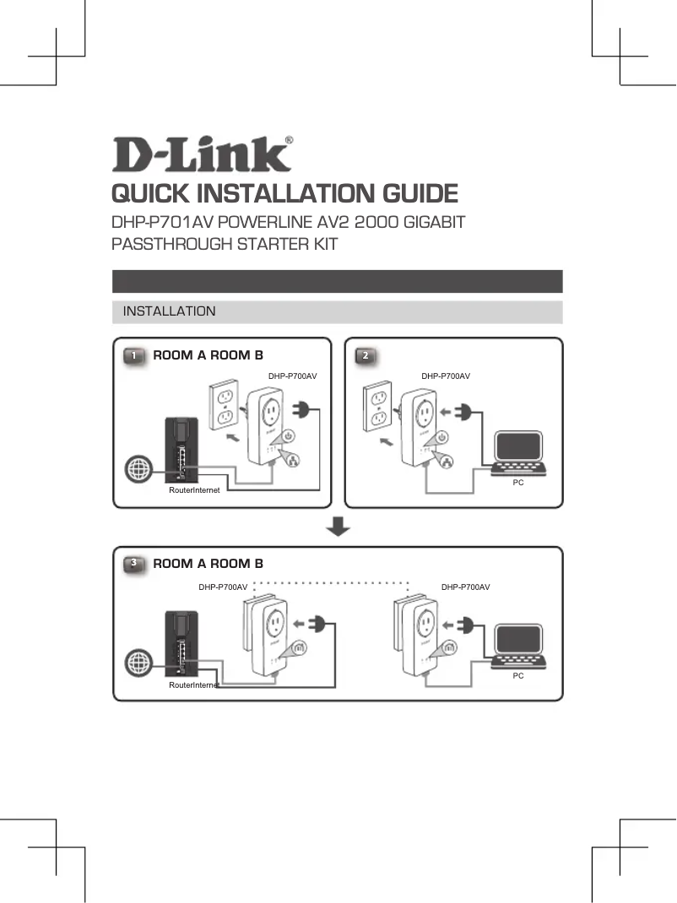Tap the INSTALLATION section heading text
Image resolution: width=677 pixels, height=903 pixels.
(169, 311)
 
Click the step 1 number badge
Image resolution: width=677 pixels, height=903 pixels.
(133, 355)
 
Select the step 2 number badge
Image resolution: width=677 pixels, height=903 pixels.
(365, 355)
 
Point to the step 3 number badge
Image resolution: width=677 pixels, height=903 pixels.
(133, 563)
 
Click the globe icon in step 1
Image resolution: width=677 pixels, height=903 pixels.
(137, 469)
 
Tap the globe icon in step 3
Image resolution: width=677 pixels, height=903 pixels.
(137, 663)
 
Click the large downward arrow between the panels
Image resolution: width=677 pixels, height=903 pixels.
(338, 527)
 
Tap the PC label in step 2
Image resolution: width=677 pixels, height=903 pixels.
(518, 482)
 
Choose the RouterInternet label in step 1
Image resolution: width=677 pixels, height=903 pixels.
(194, 489)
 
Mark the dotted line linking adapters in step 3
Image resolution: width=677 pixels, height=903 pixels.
(331, 582)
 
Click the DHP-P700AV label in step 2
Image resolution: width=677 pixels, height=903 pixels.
(446, 376)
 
